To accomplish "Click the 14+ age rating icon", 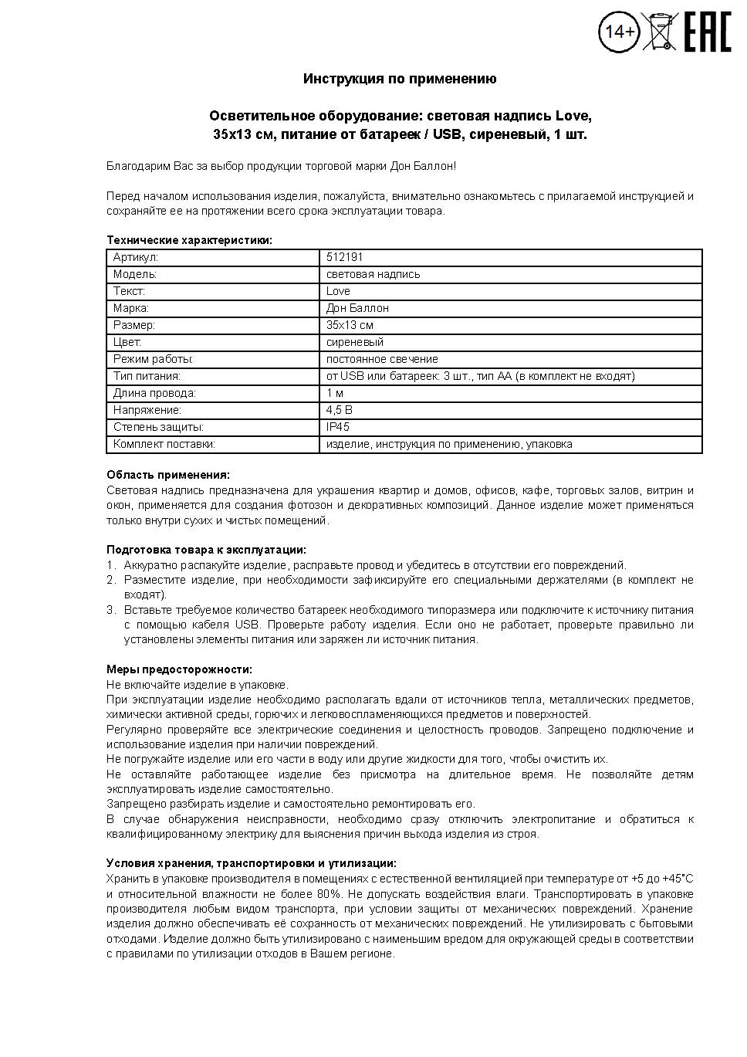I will (619, 32).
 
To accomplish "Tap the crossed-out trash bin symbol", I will (660, 32).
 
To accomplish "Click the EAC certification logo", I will (707, 32).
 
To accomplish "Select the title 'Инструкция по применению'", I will (400, 79).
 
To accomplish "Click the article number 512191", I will (344, 257).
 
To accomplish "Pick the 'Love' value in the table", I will (338, 291).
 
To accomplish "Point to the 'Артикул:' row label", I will (135, 257).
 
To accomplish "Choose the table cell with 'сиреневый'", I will (354, 342).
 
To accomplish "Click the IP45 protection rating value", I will (337, 427).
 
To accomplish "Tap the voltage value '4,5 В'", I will (339, 410).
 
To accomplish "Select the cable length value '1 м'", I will (335, 393).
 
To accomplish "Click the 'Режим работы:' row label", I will (153, 359).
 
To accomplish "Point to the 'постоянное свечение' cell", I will (382, 359).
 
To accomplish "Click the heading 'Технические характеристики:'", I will (189, 240).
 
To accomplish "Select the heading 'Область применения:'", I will (167, 475).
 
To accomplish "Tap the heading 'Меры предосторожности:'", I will (179, 669).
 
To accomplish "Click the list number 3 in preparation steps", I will (110, 610).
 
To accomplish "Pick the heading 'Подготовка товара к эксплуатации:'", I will (206, 550).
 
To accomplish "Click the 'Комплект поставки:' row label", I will (164, 444).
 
